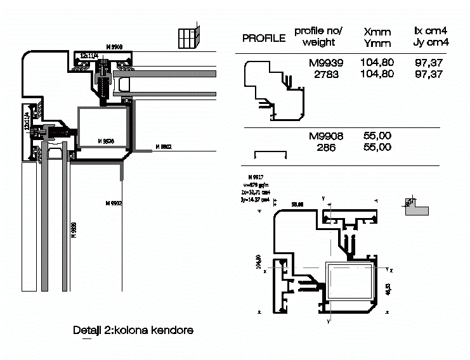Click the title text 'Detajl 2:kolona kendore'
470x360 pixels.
pyautogui.click(x=133, y=330)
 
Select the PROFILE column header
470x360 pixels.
pyautogui.click(x=264, y=38)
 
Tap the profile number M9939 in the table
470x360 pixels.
pyautogui.click(x=325, y=63)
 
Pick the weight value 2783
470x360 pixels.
pyautogui.click(x=326, y=74)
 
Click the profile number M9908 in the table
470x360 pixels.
pyautogui.click(x=325, y=136)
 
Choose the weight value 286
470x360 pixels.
pyautogui.click(x=326, y=147)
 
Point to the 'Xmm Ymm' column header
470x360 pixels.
pyautogui.click(x=377, y=37)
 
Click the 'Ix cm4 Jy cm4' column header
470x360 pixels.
pyautogui.click(x=431, y=36)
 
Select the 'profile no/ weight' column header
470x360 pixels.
pyautogui.click(x=318, y=37)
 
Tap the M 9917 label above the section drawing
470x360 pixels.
pyautogui.click(x=256, y=176)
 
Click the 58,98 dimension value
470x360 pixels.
pyautogui.click(x=297, y=204)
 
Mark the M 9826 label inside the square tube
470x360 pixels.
pyautogui.click(x=105, y=140)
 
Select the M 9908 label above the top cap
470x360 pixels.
pyautogui.click(x=114, y=47)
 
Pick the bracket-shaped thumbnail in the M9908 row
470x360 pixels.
pyautogui.click(x=270, y=155)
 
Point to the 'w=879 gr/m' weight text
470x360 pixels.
pyautogui.click(x=257, y=184)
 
